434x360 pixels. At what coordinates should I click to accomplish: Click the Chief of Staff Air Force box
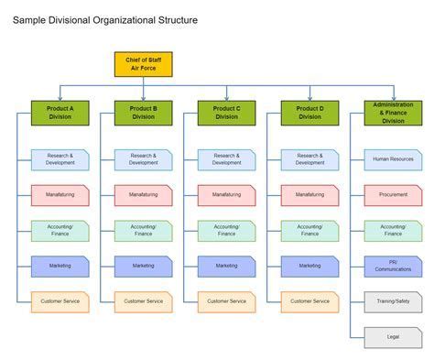point(143,64)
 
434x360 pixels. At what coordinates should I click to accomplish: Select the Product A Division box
point(60,112)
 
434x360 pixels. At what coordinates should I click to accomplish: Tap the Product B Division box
point(143,112)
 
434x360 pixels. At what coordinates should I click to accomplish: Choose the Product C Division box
point(226,112)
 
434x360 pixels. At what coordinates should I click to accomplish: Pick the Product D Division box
point(309,112)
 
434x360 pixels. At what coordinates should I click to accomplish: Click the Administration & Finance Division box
point(393,113)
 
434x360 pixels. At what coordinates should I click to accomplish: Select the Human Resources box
point(393,159)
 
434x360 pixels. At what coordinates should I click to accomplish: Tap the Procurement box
point(393,194)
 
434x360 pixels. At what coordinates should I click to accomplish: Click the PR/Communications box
point(393,266)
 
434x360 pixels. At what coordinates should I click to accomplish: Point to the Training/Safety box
point(393,300)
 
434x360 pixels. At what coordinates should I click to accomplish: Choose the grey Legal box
point(393,336)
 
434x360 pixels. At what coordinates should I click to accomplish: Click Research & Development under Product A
point(60,159)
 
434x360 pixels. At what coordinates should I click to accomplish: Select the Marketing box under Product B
point(143,266)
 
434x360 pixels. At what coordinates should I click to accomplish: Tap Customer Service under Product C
point(226,300)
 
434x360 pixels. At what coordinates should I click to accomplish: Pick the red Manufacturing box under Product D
point(309,194)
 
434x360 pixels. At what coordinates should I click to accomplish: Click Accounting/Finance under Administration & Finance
point(393,230)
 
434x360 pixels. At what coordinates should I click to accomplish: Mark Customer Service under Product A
point(60,300)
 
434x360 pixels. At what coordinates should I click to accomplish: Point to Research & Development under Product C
point(226,159)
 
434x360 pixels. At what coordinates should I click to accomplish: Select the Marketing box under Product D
point(309,266)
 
